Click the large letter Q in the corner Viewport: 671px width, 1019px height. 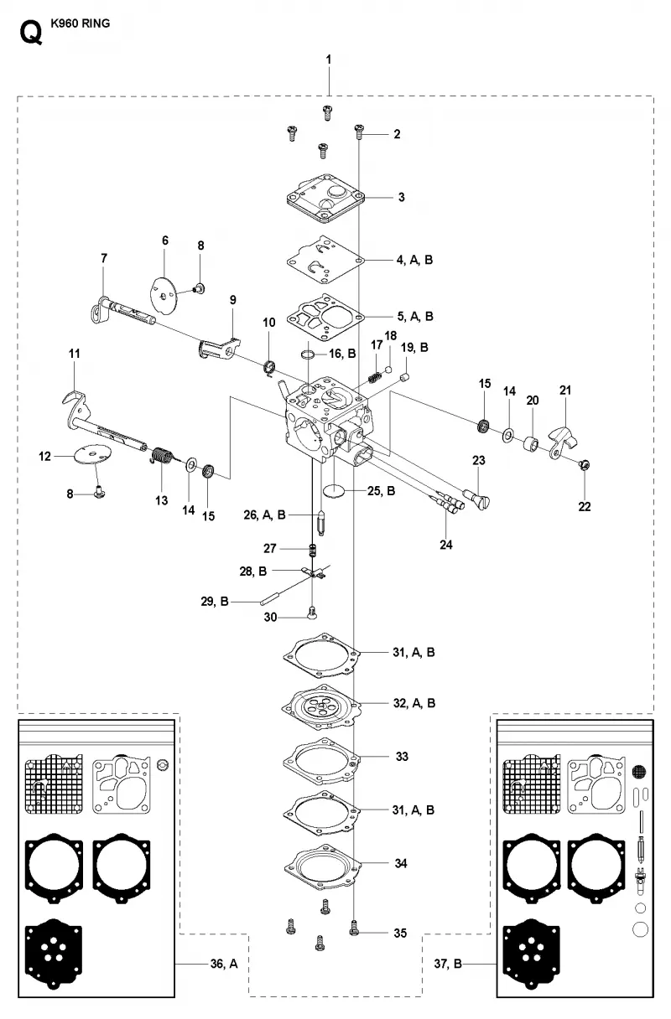31,34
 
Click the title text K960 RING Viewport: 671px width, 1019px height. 81,23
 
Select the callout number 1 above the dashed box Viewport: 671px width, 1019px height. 328,59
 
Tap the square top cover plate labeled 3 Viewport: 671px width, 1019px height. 326,199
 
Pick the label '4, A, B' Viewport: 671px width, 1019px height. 414,260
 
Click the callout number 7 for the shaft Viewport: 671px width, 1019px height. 104,258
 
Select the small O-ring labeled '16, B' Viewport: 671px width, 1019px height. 308,354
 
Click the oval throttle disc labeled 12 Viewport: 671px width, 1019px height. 92,454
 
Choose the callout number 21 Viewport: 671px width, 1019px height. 565,390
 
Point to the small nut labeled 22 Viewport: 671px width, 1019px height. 584,464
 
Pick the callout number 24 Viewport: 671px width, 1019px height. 446,545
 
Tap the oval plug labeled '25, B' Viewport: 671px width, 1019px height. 334,491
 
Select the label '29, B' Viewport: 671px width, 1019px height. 215,602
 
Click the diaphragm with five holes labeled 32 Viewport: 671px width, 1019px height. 321,706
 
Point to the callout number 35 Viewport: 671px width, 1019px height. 400,933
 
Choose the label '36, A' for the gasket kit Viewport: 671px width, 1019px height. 223,964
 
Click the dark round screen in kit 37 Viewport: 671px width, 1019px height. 639,771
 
